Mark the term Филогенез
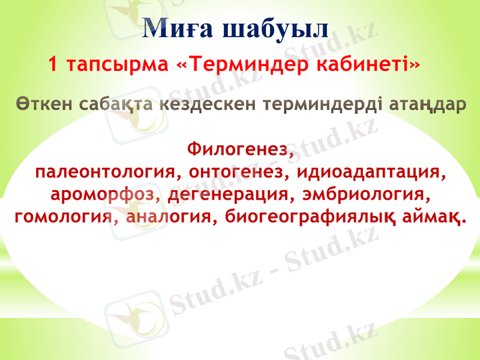tap(241, 148)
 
